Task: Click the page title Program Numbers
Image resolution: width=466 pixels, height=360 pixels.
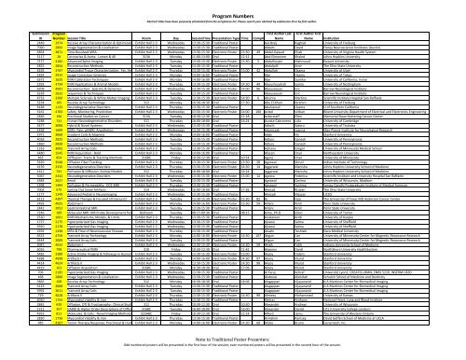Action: click(x=233, y=7)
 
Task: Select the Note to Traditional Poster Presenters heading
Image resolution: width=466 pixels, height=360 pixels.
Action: click(x=233, y=341)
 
